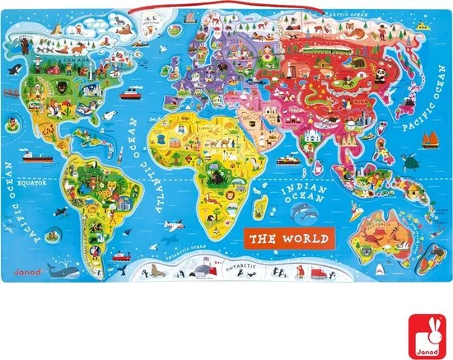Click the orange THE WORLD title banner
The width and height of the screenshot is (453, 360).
(287, 239)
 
